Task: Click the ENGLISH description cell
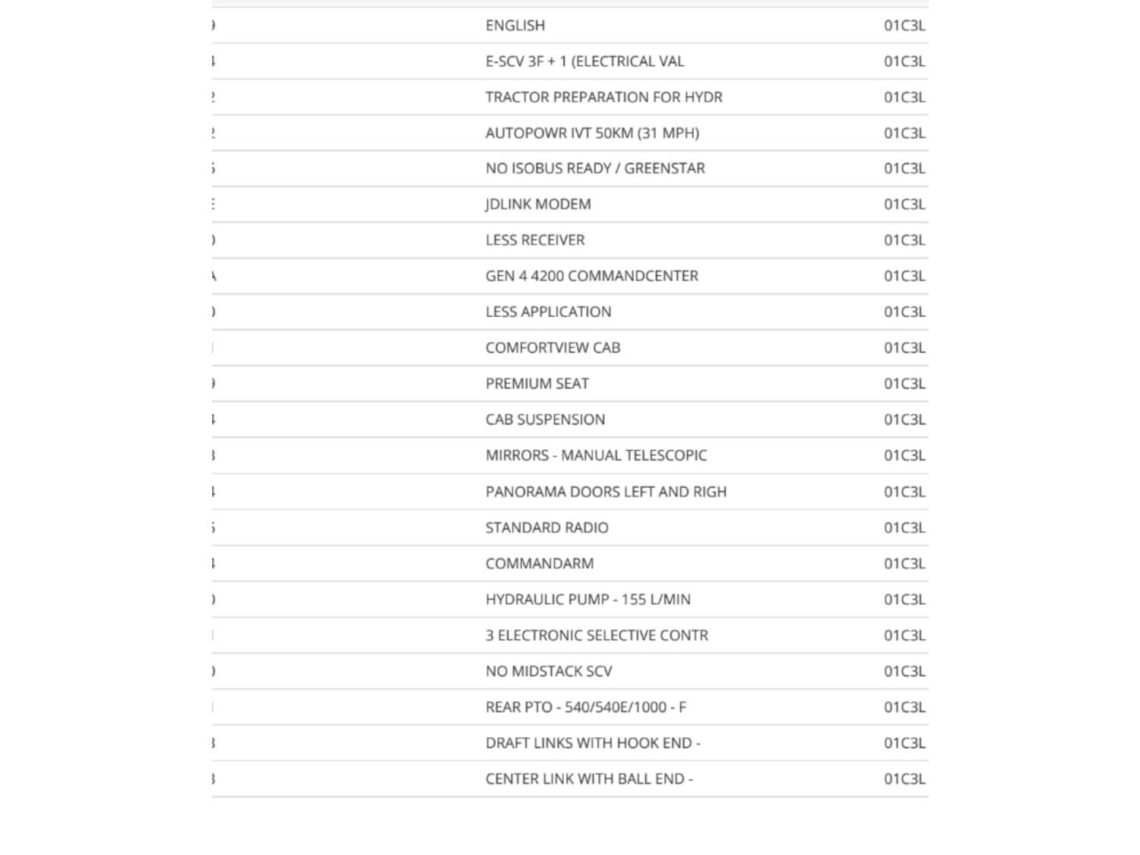[x=515, y=26]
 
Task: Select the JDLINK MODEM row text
[x=538, y=204]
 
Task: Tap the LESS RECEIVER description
[x=535, y=240]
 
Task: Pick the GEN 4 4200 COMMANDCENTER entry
[x=591, y=276]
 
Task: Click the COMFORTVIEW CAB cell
[x=553, y=348]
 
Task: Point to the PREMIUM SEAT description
[x=537, y=384]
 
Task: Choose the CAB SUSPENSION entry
[x=545, y=420]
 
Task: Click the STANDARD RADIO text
[x=546, y=527]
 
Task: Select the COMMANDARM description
[x=540, y=563]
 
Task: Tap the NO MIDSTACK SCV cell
[x=549, y=671]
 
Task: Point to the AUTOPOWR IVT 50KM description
[x=592, y=133]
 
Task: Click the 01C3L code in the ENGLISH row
[x=904, y=26]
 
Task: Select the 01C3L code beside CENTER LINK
[x=904, y=779]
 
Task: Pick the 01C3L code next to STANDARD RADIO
[x=904, y=527]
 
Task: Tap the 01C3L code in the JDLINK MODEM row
[x=904, y=204]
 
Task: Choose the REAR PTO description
[x=585, y=707]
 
